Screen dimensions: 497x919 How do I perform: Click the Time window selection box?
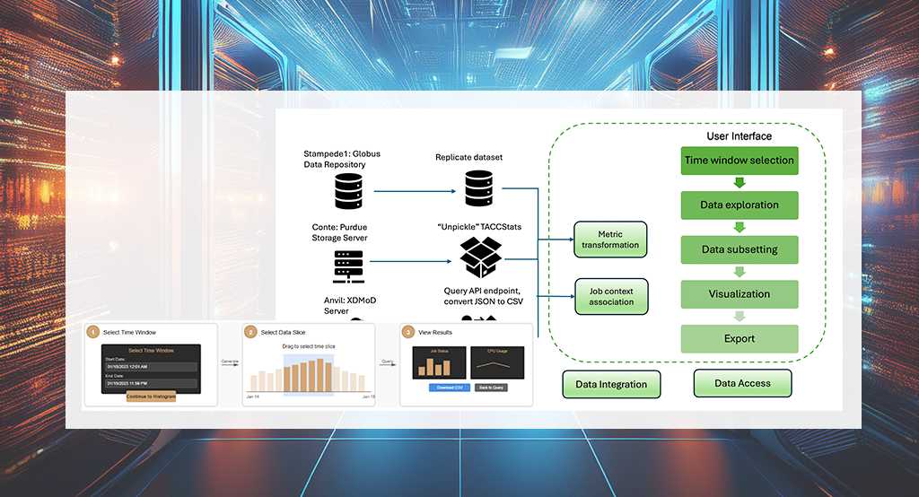click(740, 161)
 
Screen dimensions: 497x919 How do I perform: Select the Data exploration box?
click(740, 205)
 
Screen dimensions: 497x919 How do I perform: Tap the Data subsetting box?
click(740, 249)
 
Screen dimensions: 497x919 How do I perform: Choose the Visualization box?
click(740, 293)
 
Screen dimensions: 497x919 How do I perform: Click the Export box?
click(740, 338)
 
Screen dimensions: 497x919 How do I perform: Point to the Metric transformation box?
click(610, 240)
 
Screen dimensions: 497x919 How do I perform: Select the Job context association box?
click(610, 296)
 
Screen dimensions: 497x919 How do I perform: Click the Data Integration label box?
click(611, 384)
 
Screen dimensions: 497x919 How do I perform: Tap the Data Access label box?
click(742, 383)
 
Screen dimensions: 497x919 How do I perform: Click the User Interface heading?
click(739, 136)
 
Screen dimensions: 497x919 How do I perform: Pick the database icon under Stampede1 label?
click(348, 190)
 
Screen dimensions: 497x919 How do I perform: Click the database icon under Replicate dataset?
click(479, 187)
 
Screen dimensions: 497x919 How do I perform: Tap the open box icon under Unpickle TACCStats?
click(480, 260)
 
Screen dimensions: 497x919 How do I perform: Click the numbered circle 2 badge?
click(250, 332)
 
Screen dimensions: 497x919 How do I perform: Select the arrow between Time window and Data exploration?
click(740, 183)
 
